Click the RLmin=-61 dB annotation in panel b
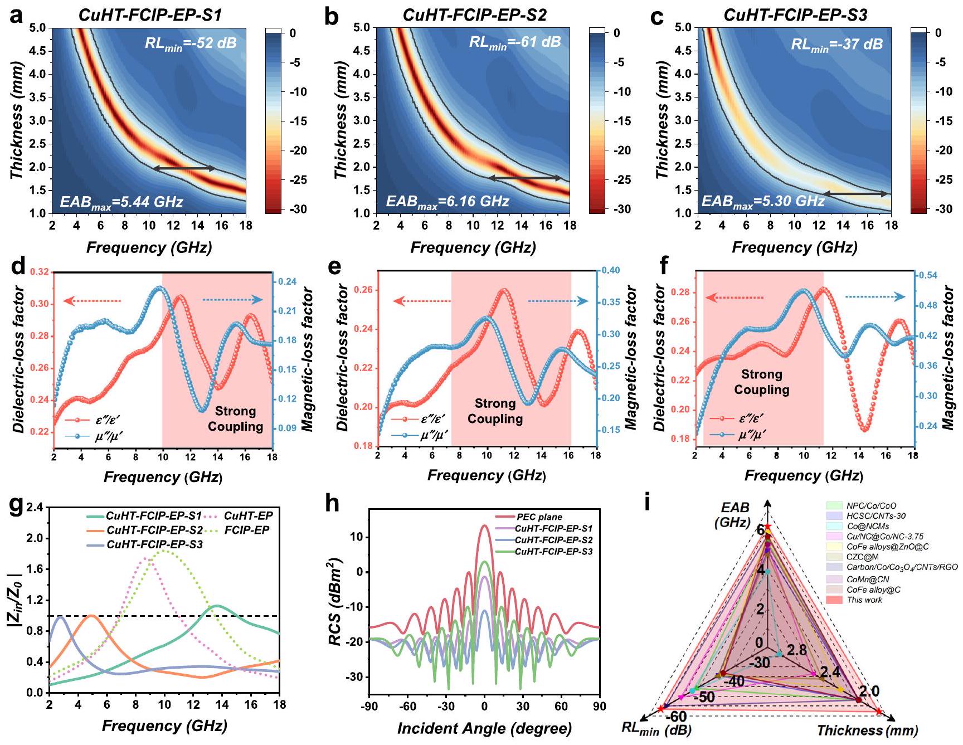pyautogui.click(x=514, y=42)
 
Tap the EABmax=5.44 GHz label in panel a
pyautogui.click(x=121, y=201)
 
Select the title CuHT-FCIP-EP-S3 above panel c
pyautogui.click(x=795, y=15)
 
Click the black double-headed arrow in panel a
pyautogui.click(x=184, y=168)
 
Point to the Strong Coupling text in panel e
pyautogui.click(x=495, y=411)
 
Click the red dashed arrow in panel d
pyautogui.click(x=93, y=301)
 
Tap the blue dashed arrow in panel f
pyautogui.click(x=876, y=297)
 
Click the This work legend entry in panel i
pyautogui.click(x=864, y=600)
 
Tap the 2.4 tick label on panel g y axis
pyautogui.click(x=33, y=508)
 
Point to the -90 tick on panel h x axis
pyautogui.click(x=369, y=707)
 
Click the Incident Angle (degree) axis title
pyautogui.click(x=484, y=728)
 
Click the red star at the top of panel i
pyautogui.click(x=767, y=527)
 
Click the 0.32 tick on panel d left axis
pyautogui.click(x=41, y=272)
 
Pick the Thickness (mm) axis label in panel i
pyautogui.click(x=867, y=731)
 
